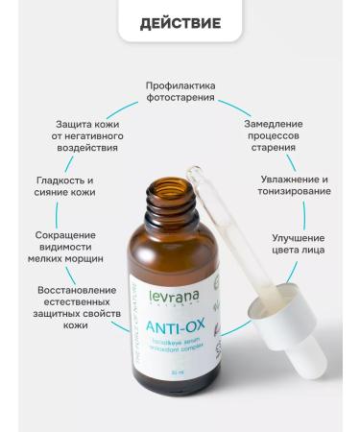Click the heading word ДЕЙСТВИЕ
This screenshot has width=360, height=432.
[x=180, y=23]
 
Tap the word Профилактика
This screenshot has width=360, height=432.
[x=180, y=84]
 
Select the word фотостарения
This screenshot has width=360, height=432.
[x=180, y=98]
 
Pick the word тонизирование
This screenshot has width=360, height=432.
[x=295, y=191]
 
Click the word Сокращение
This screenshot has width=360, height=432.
[x=65, y=234]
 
